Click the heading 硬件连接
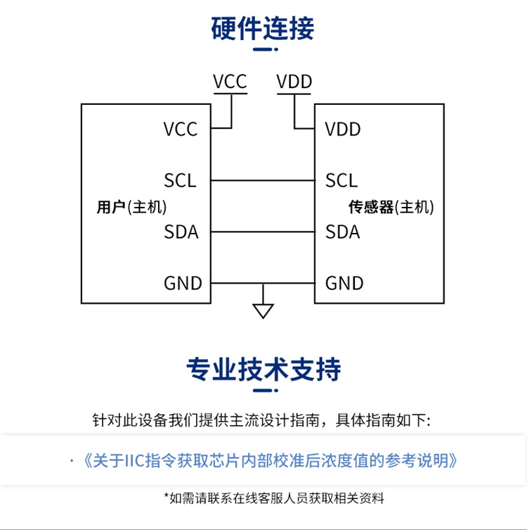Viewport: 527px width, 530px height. click(x=263, y=28)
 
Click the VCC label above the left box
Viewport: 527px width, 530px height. click(x=230, y=82)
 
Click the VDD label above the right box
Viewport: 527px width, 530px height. click(x=294, y=82)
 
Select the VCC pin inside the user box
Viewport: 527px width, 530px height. click(x=181, y=130)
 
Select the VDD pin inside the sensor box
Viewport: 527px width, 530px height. click(x=343, y=130)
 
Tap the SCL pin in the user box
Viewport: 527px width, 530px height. click(x=180, y=181)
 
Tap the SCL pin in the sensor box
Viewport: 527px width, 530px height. click(x=341, y=181)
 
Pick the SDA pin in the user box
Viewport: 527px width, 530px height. click(x=181, y=232)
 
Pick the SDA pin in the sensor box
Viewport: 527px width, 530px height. click(x=343, y=232)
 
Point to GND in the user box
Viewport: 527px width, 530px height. click(x=183, y=283)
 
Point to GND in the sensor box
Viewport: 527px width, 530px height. click(x=344, y=283)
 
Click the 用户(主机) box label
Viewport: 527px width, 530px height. click(x=131, y=207)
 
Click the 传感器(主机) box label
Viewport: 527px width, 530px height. click(x=391, y=207)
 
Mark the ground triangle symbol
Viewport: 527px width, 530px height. click(x=263, y=310)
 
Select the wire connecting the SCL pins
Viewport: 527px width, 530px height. click(x=263, y=181)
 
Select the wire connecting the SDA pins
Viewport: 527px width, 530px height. click(x=263, y=232)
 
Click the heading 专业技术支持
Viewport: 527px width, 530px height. click(x=263, y=369)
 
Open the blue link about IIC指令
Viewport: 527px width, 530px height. click(x=271, y=461)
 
